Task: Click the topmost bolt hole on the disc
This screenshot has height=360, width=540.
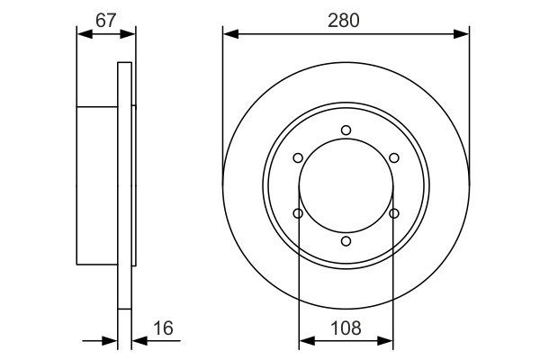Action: pyautogui.click(x=346, y=130)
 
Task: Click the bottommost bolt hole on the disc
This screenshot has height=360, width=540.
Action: pyautogui.click(x=346, y=241)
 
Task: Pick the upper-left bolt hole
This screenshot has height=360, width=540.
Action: pyautogui.click(x=298, y=158)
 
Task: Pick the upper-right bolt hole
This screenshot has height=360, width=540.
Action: pyautogui.click(x=394, y=158)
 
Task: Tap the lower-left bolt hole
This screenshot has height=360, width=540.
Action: pyautogui.click(x=298, y=213)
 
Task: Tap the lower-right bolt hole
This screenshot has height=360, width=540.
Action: pyautogui.click(x=394, y=213)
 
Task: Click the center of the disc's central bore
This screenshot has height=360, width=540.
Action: pyautogui.click(x=346, y=186)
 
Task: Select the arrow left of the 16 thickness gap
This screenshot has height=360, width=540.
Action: pyautogui.click(x=112, y=341)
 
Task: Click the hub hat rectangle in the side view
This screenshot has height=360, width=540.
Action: pyautogui.click(x=97, y=186)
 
